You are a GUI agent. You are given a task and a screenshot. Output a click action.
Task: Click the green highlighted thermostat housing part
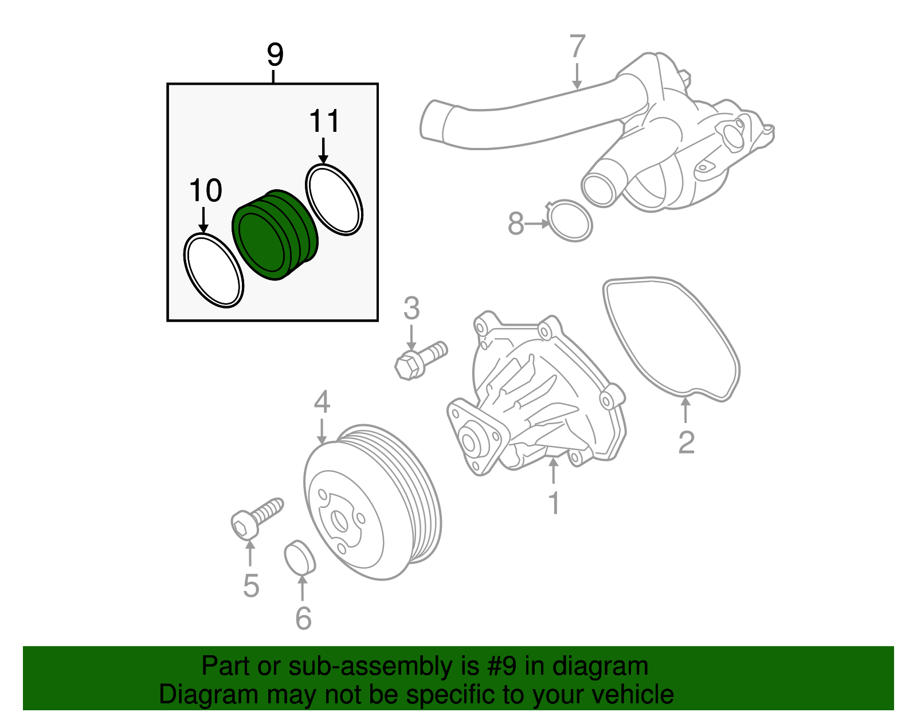point(275,235)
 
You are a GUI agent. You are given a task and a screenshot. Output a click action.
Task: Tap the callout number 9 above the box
point(275,55)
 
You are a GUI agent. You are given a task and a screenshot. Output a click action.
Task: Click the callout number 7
point(577,47)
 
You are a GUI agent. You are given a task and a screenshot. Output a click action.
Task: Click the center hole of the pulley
point(340,522)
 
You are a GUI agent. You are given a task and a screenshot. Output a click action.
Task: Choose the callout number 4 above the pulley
point(322,402)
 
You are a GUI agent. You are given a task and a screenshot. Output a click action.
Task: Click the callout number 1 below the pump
point(553,503)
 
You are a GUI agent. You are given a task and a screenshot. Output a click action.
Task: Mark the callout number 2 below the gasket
point(686,442)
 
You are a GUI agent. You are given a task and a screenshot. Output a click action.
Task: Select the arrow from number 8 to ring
point(538,224)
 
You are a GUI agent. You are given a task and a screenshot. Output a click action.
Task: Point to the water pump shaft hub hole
point(468,442)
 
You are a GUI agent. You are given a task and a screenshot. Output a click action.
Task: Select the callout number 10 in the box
point(205,191)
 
